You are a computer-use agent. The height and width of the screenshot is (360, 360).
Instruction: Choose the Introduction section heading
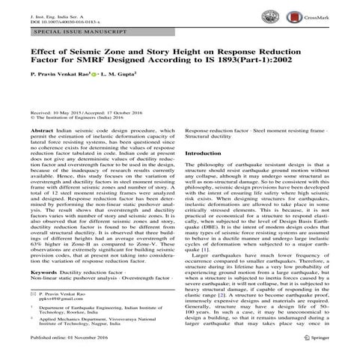tap(207, 153)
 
